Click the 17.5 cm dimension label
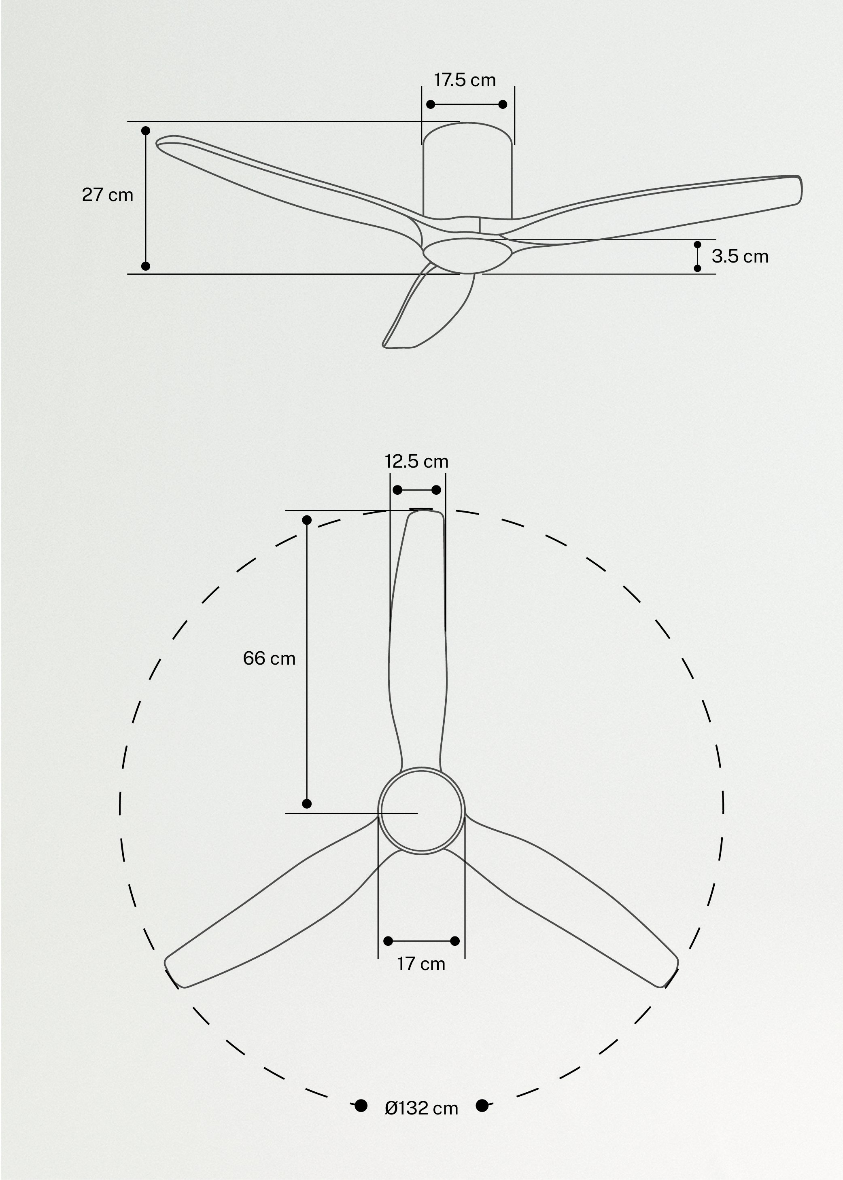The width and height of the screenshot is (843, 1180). click(x=465, y=81)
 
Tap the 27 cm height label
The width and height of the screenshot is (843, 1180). click(x=108, y=195)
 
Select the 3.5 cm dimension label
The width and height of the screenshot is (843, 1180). click(x=740, y=256)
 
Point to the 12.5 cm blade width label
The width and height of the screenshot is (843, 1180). click(x=416, y=461)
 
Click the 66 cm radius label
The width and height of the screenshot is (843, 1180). click(x=269, y=659)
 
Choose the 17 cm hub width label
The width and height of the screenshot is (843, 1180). click(x=421, y=964)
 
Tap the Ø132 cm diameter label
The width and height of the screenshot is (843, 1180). click(x=421, y=1108)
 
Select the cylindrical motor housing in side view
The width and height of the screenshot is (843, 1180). click(x=467, y=171)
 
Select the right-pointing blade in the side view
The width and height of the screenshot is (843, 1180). click(x=675, y=202)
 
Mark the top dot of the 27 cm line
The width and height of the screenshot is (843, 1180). click(x=146, y=130)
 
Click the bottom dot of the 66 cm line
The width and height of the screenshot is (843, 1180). click(x=307, y=803)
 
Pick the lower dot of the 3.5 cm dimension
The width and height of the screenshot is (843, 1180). click(x=697, y=268)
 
